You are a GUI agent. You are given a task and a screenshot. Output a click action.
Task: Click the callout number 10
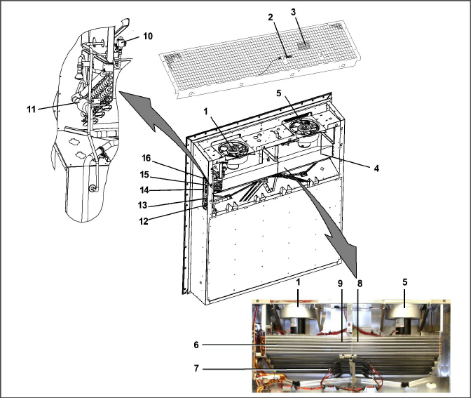coord(148,36)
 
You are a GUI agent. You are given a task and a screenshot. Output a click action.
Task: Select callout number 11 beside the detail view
coord(32,110)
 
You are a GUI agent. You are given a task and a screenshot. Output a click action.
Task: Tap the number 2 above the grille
coord(271,17)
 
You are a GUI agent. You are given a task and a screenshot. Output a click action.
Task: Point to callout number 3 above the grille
coord(293,12)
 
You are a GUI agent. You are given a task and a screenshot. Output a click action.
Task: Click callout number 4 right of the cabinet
coord(376,168)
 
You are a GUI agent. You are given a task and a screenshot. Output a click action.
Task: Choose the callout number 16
coord(146,158)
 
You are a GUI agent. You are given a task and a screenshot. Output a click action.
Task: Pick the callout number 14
coord(144,190)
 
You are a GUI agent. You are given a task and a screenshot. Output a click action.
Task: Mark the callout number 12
coord(144,221)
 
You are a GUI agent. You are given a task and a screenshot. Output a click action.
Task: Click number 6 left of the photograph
coord(196,345)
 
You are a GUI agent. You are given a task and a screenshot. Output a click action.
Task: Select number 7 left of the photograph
coord(196,369)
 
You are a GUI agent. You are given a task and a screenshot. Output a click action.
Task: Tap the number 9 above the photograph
coord(340,284)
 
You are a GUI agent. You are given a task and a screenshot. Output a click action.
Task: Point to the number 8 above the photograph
coord(360,284)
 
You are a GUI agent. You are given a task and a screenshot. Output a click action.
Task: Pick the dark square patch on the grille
coord(305,46)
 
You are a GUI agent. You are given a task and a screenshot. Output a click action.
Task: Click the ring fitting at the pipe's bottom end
coord(93,188)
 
